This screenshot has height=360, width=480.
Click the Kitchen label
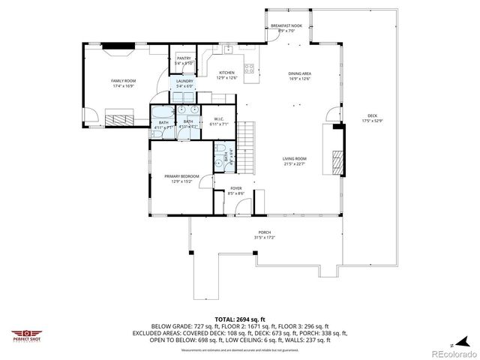[x=226, y=74]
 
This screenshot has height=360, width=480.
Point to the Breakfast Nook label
[x=286, y=28]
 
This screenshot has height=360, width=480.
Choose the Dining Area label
[x=299, y=75]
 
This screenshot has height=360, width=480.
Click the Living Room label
[x=294, y=160]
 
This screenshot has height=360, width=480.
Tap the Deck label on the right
[x=372, y=117]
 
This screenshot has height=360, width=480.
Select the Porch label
[x=264, y=234]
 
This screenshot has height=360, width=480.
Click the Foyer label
[x=235, y=190]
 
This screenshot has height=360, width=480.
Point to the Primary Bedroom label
[x=181, y=178]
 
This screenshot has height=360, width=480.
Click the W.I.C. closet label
[x=219, y=121]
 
